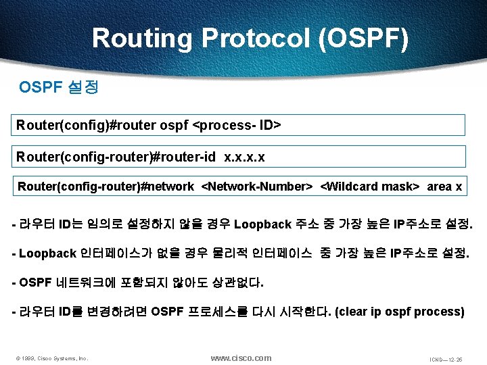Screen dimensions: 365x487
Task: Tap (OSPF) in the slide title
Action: click(364, 39)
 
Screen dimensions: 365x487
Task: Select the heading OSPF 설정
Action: click(60, 88)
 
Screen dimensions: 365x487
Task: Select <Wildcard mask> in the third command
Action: click(369, 187)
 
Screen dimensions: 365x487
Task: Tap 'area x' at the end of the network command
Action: click(444, 187)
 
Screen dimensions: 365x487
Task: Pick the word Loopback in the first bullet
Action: click(262, 224)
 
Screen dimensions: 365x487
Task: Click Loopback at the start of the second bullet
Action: click(47, 253)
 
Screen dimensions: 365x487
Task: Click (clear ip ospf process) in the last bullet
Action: click(400, 312)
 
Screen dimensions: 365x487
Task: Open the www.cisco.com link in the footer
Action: click(241, 358)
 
